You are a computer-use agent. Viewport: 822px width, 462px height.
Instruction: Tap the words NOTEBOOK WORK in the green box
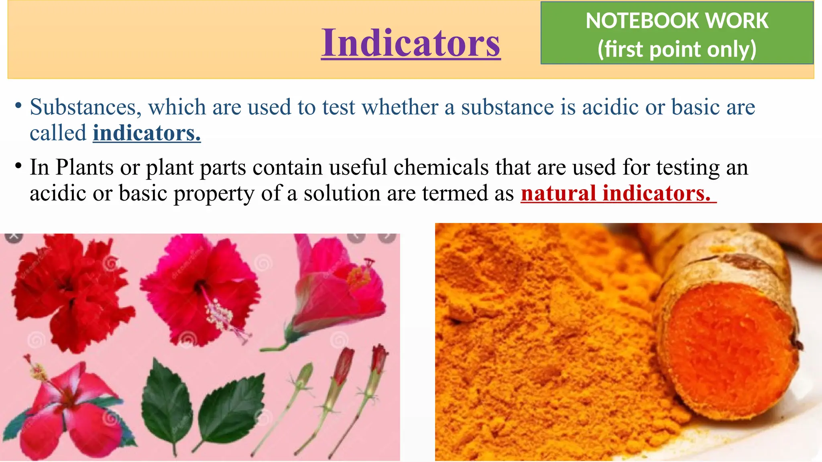[677, 21]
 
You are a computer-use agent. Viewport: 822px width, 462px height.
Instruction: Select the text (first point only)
[677, 49]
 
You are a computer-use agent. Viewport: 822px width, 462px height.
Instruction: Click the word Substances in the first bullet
[85, 107]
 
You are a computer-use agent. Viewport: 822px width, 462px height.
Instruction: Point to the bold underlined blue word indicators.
[146, 133]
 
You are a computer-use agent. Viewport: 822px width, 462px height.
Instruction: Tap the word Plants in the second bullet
[84, 167]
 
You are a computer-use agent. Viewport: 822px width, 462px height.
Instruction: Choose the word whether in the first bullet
[400, 107]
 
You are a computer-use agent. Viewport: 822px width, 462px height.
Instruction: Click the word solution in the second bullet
[342, 193]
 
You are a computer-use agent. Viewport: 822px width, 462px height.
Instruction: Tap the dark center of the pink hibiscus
[199, 287]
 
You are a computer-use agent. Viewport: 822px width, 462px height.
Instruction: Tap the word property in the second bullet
[214, 194]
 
